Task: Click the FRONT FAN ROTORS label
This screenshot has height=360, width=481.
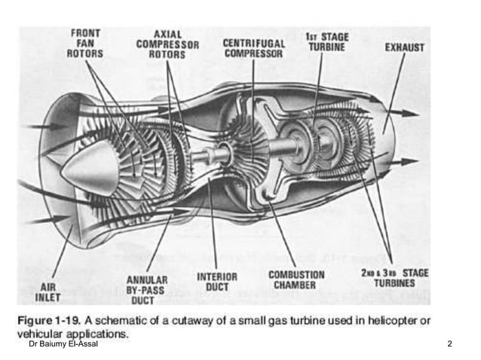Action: point(85,44)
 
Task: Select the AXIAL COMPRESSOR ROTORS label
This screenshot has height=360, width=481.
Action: point(167,44)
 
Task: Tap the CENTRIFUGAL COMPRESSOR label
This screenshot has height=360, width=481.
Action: point(253,48)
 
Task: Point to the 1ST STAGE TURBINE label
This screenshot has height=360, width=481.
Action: point(327,42)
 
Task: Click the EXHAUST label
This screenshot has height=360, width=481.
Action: point(405,47)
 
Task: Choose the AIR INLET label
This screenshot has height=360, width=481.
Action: point(47,292)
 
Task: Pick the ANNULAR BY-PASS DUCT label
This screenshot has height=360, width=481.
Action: point(146,290)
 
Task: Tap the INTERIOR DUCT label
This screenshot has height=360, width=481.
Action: point(217,282)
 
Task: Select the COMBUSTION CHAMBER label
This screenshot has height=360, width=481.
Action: point(296,279)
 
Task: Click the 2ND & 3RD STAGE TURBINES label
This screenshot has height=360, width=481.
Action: point(394,278)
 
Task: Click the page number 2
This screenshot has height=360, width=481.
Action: point(449,343)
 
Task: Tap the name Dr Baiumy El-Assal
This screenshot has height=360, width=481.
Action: point(63,343)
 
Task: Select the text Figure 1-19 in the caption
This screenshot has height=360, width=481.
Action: point(49,321)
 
